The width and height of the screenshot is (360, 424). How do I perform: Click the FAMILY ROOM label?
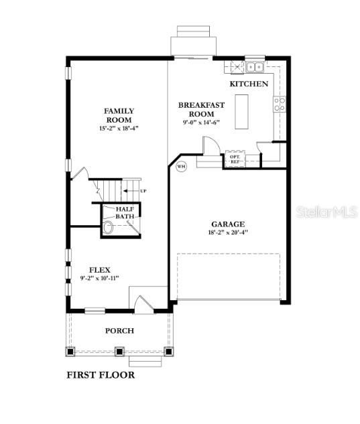point(119,115)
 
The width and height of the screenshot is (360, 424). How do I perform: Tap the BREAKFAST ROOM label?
point(200,109)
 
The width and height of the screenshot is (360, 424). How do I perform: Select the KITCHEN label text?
point(249,84)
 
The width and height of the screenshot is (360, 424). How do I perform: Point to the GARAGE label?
point(228,224)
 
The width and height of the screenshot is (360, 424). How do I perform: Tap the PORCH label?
point(119,330)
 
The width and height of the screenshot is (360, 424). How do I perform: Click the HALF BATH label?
point(125,212)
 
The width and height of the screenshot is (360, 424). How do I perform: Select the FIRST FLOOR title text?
point(100,375)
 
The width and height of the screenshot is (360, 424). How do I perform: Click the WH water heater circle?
point(181,167)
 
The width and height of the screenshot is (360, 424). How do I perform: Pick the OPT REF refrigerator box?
point(234,159)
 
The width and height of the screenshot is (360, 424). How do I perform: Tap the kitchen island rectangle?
point(242,112)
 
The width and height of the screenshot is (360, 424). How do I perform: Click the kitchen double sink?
point(254,67)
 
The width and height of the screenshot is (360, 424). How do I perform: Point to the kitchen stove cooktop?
point(280,104)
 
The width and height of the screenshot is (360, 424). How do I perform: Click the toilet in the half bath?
point(108,228)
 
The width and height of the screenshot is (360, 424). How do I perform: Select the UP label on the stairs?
point(143,192)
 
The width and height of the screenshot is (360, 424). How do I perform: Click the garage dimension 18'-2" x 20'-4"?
point(228,234)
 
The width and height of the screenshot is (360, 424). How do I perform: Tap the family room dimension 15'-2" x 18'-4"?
point(119,127)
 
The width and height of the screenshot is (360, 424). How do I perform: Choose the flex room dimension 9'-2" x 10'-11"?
point(100,278)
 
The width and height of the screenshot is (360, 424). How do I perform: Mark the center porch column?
point(119,350)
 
